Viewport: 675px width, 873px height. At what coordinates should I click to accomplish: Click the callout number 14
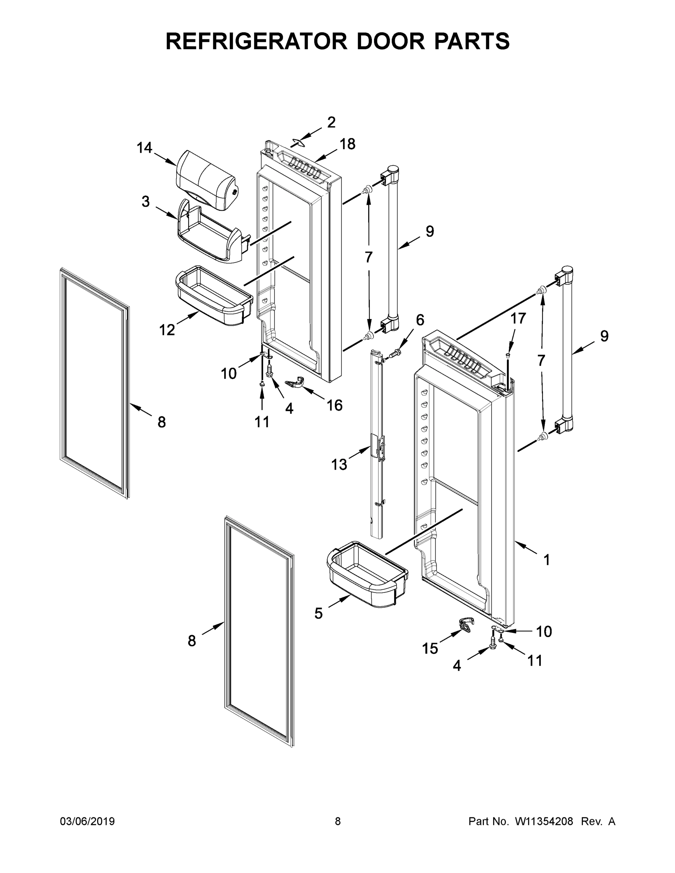pyautogui.click(x=144, y=148)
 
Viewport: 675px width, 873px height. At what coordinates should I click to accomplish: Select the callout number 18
pyautogui.click(x=348, y=144)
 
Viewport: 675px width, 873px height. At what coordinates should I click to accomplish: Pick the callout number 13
pyautogui.click(x=339, y=465)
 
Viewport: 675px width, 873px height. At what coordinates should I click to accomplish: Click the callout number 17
pyautogui.click(x=518, y=319)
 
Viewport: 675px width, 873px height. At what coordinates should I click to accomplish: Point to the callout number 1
pyautogui.click(x=547, y=559)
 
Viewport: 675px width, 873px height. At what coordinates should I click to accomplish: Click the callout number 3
pyautogui.click(x=146, y=202)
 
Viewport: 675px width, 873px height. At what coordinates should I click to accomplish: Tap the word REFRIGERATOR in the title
pyautogui.click(x=256, y=41)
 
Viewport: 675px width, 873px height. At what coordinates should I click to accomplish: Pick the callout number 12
pyautogui.click(x=167, y=330)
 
